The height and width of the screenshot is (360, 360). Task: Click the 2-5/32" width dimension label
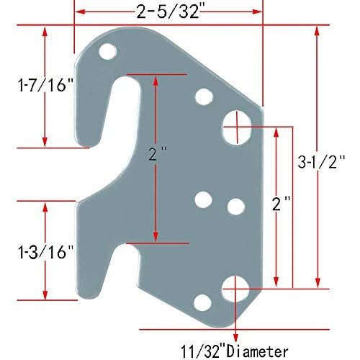[x=168, y=12]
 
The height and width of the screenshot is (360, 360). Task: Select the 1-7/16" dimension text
[x=45, y=84]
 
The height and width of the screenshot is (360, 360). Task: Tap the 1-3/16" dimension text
[x=45, y=252]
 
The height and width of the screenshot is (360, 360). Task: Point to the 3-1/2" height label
[x=321, y=161]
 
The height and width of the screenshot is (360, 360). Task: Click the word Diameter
[x=257, y=352]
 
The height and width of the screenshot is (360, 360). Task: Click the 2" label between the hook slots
[x=157, y=154]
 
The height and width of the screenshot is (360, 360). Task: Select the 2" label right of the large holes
[x=282, y=204]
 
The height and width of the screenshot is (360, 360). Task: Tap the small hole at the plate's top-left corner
[x=108, y=51]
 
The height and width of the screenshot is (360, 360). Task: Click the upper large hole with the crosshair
[x=237, y=127]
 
